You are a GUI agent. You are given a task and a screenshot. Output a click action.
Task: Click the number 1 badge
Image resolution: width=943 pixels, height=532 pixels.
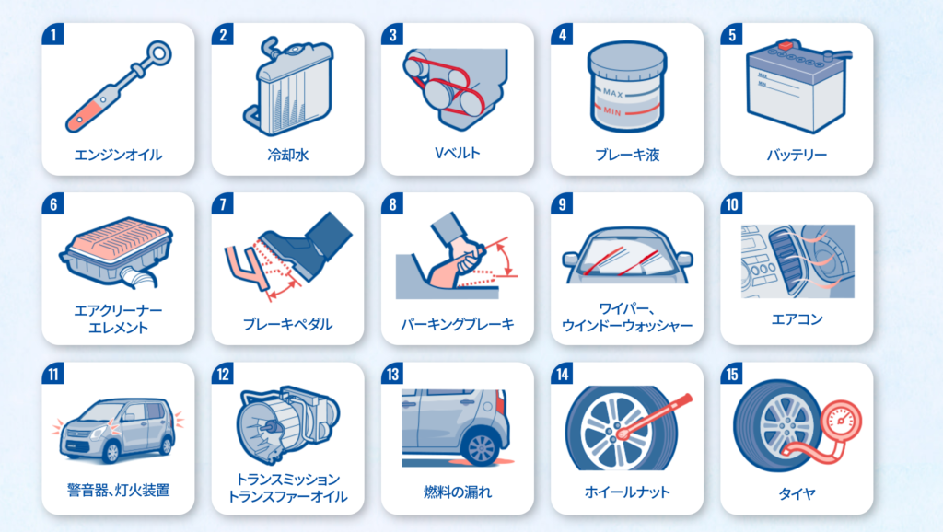53,34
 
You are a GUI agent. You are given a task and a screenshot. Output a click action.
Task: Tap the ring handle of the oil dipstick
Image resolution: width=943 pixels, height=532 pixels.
159,53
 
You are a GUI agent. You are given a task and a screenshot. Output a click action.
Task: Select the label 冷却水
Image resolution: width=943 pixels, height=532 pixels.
288,156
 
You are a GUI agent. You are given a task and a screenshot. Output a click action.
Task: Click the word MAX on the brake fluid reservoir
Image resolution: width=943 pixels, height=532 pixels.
612,93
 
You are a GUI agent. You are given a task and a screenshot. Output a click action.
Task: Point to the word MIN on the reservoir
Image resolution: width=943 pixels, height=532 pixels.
612,111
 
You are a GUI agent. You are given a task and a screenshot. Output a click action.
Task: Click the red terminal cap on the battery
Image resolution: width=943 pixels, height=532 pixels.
785,45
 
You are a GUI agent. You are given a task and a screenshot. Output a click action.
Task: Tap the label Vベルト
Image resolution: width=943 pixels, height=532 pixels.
458,154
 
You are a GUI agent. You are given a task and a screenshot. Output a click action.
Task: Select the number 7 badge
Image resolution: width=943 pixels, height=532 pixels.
223,203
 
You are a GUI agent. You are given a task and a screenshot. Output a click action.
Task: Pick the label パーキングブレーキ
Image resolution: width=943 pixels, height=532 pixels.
458,325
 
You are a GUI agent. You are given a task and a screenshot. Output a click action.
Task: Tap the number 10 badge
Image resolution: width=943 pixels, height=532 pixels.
732,203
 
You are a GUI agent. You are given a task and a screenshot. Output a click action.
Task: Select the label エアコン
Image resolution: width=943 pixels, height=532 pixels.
797,319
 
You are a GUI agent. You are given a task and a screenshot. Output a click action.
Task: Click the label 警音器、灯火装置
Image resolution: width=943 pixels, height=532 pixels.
118,491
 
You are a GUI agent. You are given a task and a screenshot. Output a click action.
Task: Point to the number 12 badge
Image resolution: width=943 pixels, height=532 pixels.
223,374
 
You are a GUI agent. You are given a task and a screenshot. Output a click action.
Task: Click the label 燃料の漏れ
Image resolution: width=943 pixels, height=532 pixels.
458,492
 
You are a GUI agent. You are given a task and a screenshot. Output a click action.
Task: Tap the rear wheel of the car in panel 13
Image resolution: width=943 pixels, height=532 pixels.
481,446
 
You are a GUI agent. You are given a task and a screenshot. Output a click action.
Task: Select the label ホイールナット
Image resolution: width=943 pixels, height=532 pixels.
627,492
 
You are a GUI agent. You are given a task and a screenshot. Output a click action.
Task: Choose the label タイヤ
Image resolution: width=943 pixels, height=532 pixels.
797,494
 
